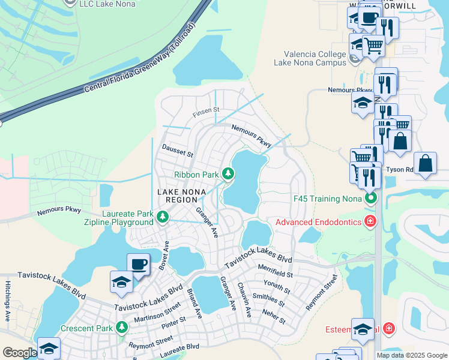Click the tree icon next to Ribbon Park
[x=228, y=174]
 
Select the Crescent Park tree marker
[x=122, y=328]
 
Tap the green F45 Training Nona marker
[x=372, y=197]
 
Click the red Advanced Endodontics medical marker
[x=370, y=222]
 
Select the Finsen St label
[x=206, y=111]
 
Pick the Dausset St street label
[x=177, y=150]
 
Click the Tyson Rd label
[x=400, y=169]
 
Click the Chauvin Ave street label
[x=243, y=299]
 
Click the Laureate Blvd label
[x=181, y=346]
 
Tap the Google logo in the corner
[x=20, y=353]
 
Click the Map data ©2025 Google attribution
[x=411, y=355]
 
